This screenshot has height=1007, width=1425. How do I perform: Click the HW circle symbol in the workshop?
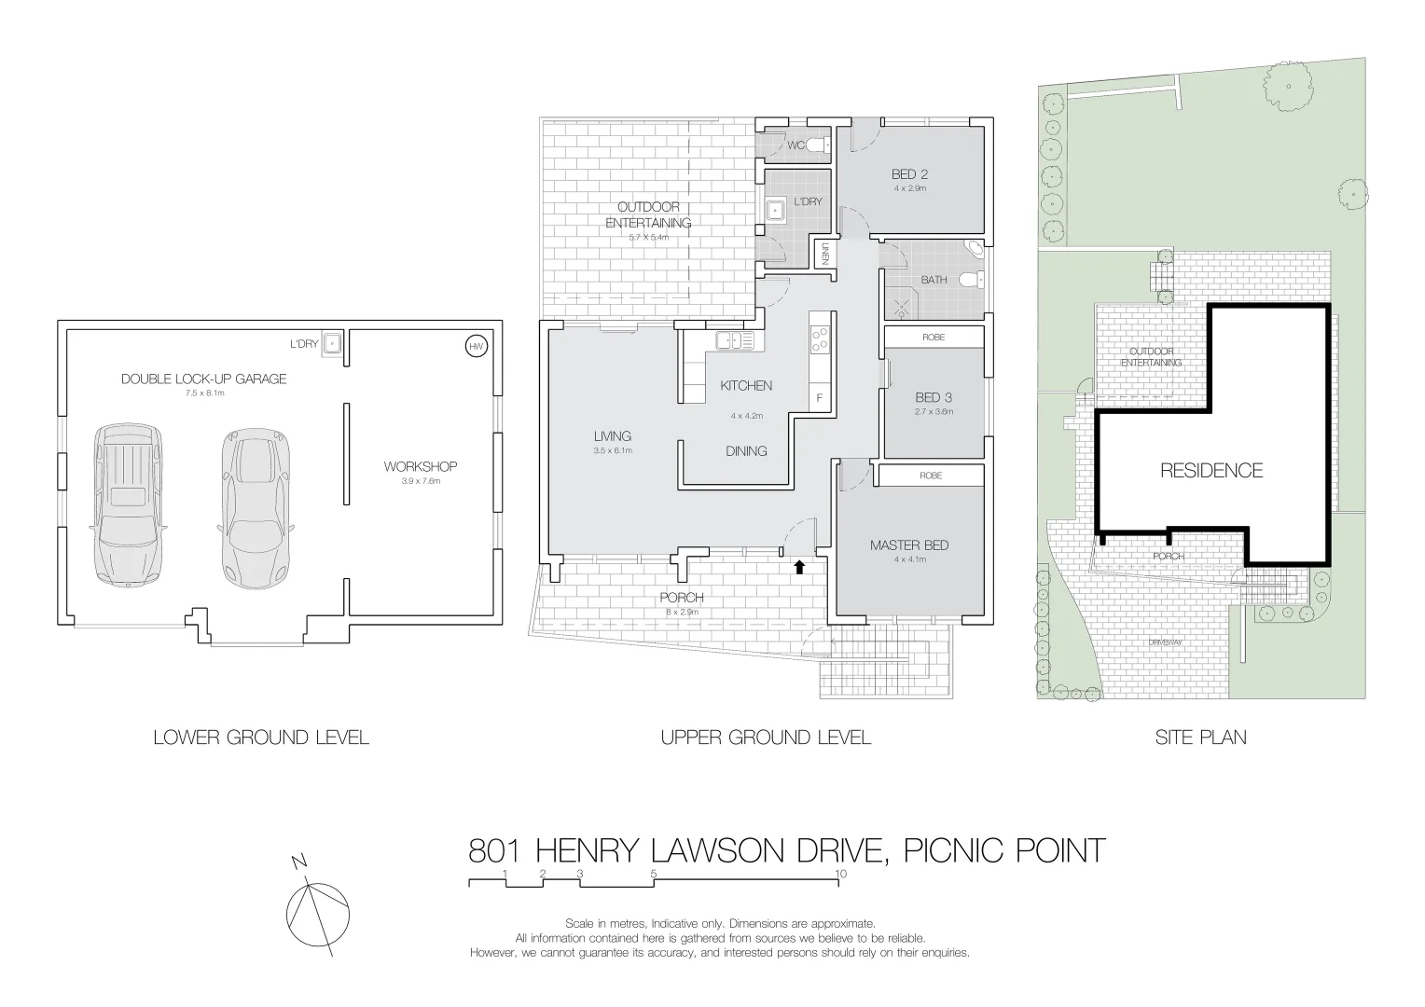click(476, 347)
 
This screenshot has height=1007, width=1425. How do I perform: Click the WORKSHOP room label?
click(420, 466)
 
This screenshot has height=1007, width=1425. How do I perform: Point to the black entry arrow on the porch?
click(799, 566)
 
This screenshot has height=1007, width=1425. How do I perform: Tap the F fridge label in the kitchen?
click(820, 398)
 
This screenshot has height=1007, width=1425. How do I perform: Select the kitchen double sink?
click(735, 341)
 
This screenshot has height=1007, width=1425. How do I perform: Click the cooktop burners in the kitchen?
click(821, 338)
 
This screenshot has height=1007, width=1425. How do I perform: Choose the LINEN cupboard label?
click(824, 254)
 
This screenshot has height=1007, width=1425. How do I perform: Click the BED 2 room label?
click(909, 174)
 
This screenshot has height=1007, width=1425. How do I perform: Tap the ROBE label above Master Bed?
click(931, 476)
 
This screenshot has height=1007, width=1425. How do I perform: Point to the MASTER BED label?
click(908, 545)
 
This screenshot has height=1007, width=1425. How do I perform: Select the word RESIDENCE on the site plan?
click(1211, 471)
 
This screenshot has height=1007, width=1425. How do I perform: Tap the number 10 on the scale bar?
click(841, 874)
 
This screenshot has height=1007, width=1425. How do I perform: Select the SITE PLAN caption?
click(1200, 738)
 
